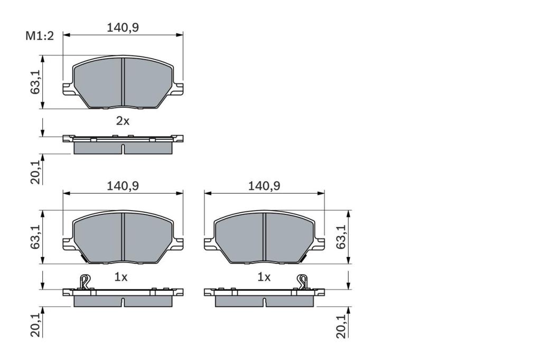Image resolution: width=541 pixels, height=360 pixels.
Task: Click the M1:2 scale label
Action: [40, 35]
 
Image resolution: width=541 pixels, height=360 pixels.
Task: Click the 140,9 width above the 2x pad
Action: [123, 27]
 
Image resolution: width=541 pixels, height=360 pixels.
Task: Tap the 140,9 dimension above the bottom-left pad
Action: [123, 186]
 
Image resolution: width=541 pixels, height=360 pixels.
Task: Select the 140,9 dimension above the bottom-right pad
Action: [264, 186]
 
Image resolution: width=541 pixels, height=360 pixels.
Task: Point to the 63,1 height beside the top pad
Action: [35, 82]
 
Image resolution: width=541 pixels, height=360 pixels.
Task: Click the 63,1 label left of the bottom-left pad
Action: [35, 237]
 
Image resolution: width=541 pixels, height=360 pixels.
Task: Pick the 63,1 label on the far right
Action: [341, 236]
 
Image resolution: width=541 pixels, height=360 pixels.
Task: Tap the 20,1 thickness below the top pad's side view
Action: [35, 172]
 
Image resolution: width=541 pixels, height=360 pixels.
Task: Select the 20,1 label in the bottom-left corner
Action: [35, 325]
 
